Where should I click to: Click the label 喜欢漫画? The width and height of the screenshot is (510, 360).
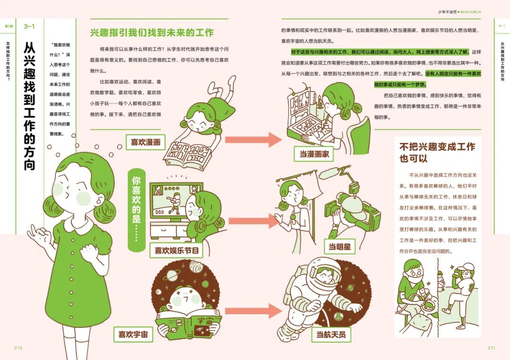click(145, 142)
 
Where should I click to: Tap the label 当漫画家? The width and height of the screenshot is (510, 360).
click(314, 153)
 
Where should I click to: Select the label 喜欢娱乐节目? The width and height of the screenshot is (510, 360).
click(176, 250)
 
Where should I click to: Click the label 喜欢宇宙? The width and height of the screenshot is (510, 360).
click(133, 335)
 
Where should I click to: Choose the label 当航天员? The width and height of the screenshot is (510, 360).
click(331, 335)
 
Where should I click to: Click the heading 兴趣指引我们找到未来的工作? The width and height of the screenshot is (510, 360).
click(152, 33)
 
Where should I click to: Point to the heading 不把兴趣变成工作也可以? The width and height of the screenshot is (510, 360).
click(437, 152)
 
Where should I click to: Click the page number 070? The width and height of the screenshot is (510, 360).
click(18, 348)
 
